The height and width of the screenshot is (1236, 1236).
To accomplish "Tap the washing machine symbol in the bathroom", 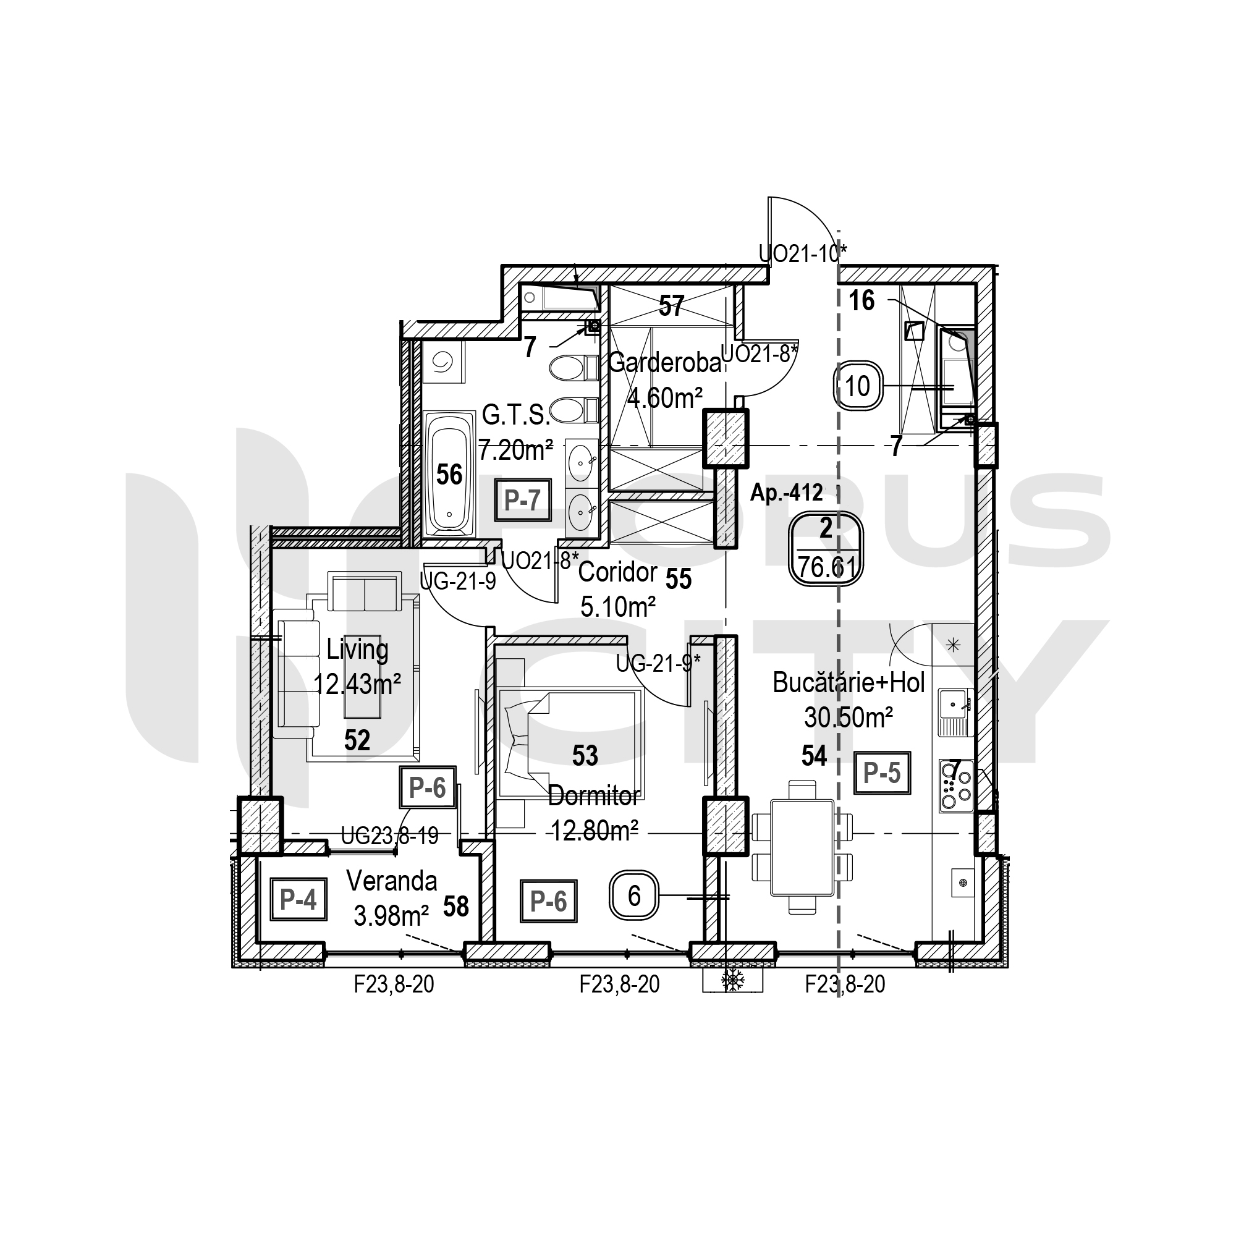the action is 443,362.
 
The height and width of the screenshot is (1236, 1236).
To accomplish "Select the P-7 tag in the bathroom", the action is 523,499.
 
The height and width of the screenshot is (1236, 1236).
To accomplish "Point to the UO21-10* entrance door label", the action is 802,253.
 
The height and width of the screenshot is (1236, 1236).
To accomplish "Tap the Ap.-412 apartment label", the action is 786,492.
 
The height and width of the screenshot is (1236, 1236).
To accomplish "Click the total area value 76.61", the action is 826,567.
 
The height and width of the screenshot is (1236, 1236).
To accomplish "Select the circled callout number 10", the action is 857,386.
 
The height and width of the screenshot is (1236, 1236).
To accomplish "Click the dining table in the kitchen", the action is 802,847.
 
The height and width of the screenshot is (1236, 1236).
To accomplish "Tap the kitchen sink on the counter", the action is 956,711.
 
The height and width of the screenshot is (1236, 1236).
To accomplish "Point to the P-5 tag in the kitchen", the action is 882,773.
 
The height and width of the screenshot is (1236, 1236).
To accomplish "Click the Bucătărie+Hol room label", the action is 849,683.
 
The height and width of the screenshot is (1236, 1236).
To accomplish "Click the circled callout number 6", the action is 634,896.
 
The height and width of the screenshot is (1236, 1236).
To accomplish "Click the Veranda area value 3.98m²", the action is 391,916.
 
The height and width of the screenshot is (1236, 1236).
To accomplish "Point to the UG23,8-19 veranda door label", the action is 389,836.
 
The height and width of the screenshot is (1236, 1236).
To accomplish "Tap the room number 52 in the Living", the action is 357,740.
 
